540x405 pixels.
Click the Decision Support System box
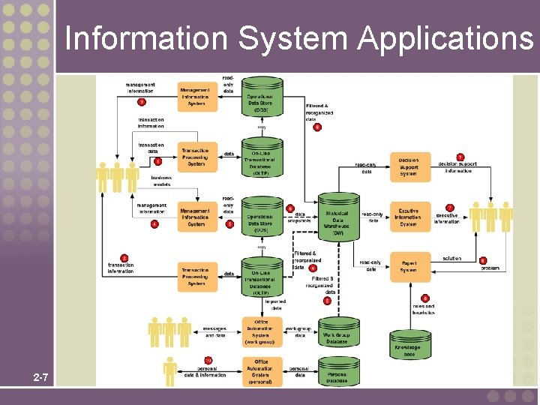tap(410, 167)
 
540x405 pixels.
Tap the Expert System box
tap(410, 266)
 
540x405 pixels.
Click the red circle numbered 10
tap(208, 361)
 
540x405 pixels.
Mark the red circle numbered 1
tap(158, 160)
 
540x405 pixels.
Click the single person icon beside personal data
tap(170, 371)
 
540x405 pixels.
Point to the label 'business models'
tap(160, 181)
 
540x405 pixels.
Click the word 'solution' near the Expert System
tap(452, 259)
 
